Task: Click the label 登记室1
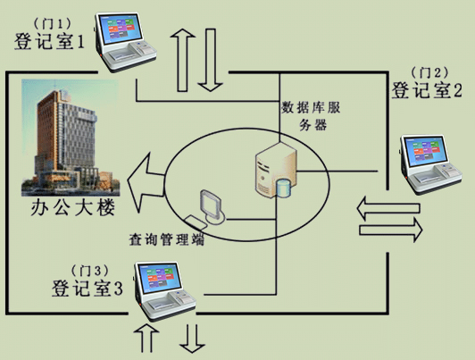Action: [x=49, y=41]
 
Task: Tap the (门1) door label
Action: [x=52, y=23]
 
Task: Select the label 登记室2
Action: [x=427, y=90]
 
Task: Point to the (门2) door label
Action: [x=429, y=72]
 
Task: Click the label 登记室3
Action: [x=87, y=288]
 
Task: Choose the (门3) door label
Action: [x=89, y=271]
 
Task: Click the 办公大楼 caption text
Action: [x=73, y=207]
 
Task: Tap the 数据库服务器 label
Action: [x=312, y=116]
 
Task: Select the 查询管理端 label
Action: [x=166, y=239]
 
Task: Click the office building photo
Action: [x=71, y=138]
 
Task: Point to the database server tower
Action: [x=276, y=171]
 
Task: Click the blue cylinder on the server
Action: [x=284, y=188]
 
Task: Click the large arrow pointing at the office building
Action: [x=146, y=182]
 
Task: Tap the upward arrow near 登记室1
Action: [x=183, y=60]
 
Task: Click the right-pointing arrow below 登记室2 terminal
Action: [x=390, y=230]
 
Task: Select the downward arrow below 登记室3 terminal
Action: [x=192, y=339]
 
